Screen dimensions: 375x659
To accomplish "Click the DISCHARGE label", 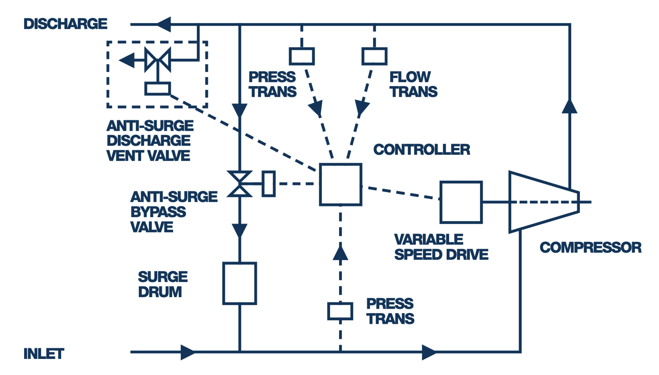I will (65, 24).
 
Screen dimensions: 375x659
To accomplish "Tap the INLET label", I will (44, 354).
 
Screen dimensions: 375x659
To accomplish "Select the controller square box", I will (340, 184).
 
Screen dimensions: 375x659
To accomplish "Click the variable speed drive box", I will (461, 202).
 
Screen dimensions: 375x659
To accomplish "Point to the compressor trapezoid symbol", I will (541, 202).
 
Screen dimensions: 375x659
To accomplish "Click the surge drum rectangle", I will (239, 283).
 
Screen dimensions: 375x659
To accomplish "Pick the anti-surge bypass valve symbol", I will (239, 184).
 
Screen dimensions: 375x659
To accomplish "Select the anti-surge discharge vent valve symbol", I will (158, 60).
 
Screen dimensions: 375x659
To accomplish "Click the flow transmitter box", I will (374, 56).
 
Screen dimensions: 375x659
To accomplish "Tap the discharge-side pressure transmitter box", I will (302, 56).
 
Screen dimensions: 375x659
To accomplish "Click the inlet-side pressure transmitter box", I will (340, 311).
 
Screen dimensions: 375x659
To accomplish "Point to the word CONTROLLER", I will (422, 150).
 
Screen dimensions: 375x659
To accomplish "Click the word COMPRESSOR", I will (590, 247).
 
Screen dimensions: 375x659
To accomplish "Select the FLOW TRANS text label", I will (413, 84).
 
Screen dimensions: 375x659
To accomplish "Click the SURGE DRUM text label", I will (162, 284).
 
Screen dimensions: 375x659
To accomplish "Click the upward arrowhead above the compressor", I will (569, 106).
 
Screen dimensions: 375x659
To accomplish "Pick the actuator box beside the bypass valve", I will (268, 184).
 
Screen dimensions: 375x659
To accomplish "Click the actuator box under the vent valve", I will (157, 88).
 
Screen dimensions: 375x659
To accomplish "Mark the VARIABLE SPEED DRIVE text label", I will (441, 247).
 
